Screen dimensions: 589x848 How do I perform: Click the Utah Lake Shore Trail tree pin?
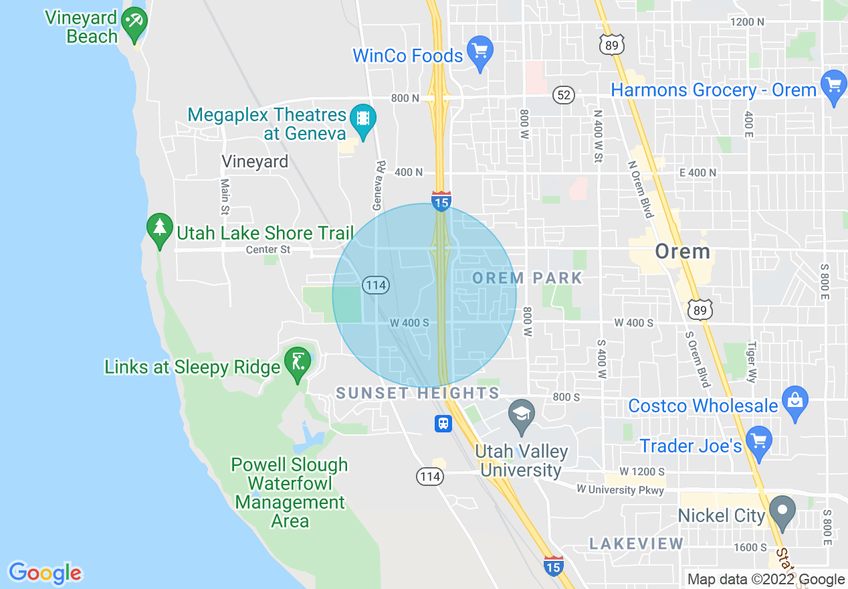(159, 228)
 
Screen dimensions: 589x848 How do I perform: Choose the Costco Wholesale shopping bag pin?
(794, 402)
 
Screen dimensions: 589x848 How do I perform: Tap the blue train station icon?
(443, 424)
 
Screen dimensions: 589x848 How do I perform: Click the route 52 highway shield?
(564, 95)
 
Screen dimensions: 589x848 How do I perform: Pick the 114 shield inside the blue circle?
(376, 285)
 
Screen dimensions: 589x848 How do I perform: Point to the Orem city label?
(682, 252)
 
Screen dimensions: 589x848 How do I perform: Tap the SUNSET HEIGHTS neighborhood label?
(417, 393)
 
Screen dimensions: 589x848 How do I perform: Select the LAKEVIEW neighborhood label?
(636, 543)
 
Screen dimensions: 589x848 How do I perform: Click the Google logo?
(45, 573)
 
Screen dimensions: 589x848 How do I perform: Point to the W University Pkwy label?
(621, 490)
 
